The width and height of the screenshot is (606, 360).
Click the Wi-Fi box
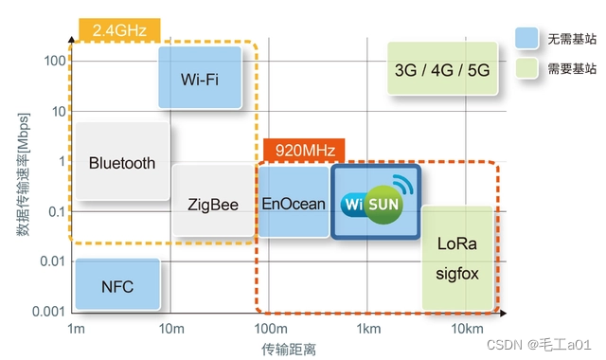click(200, 78)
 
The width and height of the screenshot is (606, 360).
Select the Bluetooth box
click(121, 162)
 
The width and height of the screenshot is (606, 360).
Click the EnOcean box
click(293, 204)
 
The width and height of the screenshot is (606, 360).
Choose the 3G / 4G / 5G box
click(442, 69)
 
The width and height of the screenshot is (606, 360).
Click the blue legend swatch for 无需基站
click(527, 39)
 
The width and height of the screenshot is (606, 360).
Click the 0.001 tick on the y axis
click(48, 311)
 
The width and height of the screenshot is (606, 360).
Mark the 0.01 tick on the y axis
click(52, 261)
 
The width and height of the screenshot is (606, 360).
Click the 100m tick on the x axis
click(270, 328)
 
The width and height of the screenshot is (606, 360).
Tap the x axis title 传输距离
click(288, 349)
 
